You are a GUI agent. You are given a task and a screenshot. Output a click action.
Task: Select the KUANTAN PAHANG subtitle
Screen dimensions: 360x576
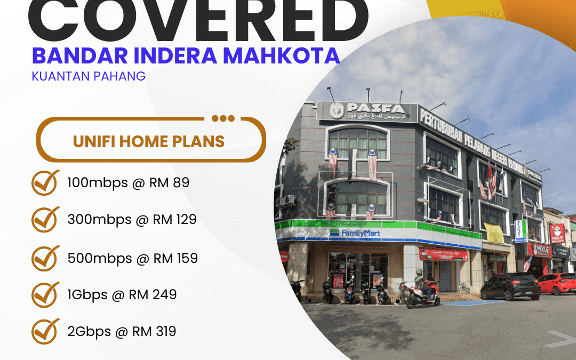[x=89, y=76]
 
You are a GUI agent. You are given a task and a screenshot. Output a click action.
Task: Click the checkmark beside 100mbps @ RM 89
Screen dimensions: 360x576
[x=45, y=183]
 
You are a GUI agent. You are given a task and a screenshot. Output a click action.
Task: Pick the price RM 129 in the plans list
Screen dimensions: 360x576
[x=175, y=219]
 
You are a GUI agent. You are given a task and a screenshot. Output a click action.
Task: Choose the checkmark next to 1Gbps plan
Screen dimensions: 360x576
[x=45, y=294]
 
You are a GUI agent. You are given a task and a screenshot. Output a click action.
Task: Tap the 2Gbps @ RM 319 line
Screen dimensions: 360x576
[x=122, y=332]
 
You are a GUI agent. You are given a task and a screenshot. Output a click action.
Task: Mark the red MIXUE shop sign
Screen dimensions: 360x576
[x=539, y=249]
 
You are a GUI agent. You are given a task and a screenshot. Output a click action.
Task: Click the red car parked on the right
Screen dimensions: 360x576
[x=557, y=284]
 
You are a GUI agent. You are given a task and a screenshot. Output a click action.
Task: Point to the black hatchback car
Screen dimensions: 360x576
[x=510, y=286]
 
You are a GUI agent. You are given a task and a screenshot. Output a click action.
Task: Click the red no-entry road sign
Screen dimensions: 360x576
[x=284, y=256]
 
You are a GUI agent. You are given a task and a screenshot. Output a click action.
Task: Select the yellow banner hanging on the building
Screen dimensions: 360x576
[x=493, y=233]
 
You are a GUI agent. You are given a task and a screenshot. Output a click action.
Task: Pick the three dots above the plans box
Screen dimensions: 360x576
[x=223, y=118]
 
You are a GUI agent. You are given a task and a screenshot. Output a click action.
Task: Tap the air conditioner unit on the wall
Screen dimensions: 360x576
[x=287, y=201]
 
